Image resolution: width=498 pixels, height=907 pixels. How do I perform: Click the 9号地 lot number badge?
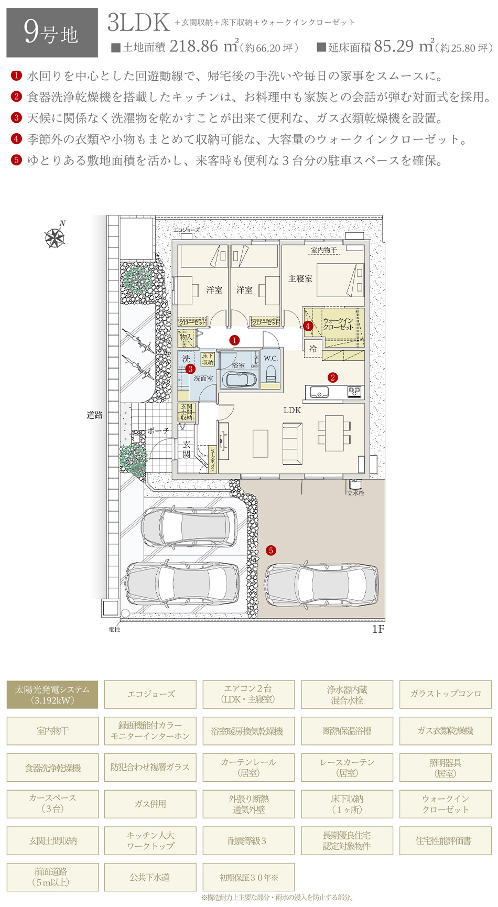pyautogui.click(x=52, y=33)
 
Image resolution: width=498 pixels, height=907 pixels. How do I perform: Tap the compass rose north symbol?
pyautogui.click(x=55, y=237)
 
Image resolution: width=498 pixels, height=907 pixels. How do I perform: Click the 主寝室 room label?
pyautogui.click(x=300, y=279)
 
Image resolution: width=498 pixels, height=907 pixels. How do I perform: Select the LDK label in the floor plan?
pyautogui.click(x=292, y=410)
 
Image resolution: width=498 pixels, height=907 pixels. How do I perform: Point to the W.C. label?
pyautogui.click(x=270, y=358)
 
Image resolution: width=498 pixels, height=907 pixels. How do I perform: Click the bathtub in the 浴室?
pyautogui.click(x=239, y=379)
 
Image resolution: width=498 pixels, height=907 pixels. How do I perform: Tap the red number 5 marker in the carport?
pyautogui.click(x=271, y=550)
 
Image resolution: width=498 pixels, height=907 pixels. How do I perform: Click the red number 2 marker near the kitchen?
pyautogui.click(x=332, y=377)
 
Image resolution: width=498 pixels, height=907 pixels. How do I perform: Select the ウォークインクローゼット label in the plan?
pyautogui.click(x=338, y=324)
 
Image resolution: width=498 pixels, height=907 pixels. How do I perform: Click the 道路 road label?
pyautogui.click(x=94, y=415)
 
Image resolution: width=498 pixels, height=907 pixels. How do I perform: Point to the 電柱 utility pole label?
pyautogui.click(x=114, y=629)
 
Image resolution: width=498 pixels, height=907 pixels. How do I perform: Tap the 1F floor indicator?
pyautogui.click(x=378, y=629)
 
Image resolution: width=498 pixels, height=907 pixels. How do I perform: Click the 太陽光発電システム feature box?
pyautogui.click(x=52, y=695)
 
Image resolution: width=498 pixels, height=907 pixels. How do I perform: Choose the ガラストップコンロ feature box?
pyautogui.click(x=445, y=694)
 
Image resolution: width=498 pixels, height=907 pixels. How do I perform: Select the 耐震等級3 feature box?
pyautogui.click(x=248, y=840)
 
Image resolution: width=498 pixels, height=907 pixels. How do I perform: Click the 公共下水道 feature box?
pyautogui.click(x=150, y=877)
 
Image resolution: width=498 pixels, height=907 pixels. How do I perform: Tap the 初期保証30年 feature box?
pyautogui.click(x=248, y=877)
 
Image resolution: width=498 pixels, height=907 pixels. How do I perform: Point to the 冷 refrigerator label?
pyautogui.click(x=313, y=349)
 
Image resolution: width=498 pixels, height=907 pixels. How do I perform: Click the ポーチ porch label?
pyautogui.click(x=158, y=430)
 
